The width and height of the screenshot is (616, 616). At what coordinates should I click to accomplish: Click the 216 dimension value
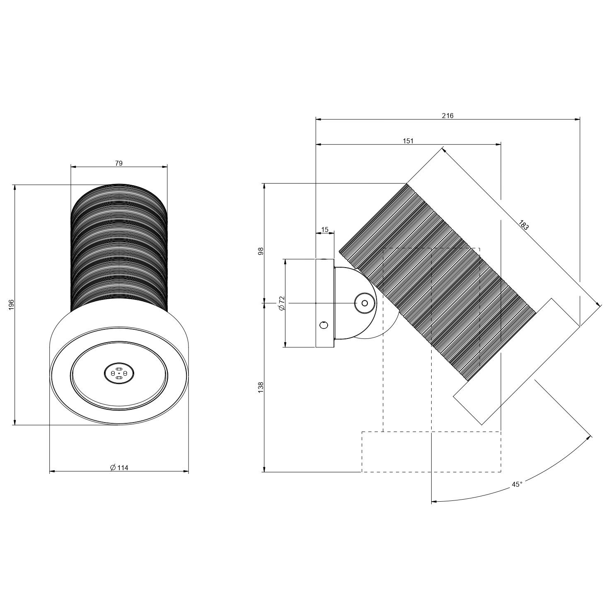coord(447,116)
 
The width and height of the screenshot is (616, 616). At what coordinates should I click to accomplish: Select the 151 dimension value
coord(408,141)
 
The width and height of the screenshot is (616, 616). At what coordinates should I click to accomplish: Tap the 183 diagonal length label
coord(524,225)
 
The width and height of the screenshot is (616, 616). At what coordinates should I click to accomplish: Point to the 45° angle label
coord(517,484)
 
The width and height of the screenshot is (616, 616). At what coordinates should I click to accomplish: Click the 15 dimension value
coord(325,229)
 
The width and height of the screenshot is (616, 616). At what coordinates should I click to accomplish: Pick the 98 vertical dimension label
coord(261,251)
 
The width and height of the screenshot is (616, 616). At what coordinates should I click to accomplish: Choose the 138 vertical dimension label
coord(261,387)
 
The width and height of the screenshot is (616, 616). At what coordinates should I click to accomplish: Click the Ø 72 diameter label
coord(282,304)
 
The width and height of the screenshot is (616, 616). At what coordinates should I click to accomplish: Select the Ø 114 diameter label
coord(119,468)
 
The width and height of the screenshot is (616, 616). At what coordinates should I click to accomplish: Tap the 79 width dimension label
coord(119,163)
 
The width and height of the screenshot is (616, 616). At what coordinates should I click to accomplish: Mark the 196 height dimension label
coord(12,304)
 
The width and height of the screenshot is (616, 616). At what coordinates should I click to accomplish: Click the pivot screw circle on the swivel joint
coord(364,303)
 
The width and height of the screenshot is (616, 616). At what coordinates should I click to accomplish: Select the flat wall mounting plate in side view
coord(324,303)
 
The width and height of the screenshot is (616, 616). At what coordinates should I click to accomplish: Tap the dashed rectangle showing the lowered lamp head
coord(431,452)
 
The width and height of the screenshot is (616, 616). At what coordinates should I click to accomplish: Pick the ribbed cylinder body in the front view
coord(119,248)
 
